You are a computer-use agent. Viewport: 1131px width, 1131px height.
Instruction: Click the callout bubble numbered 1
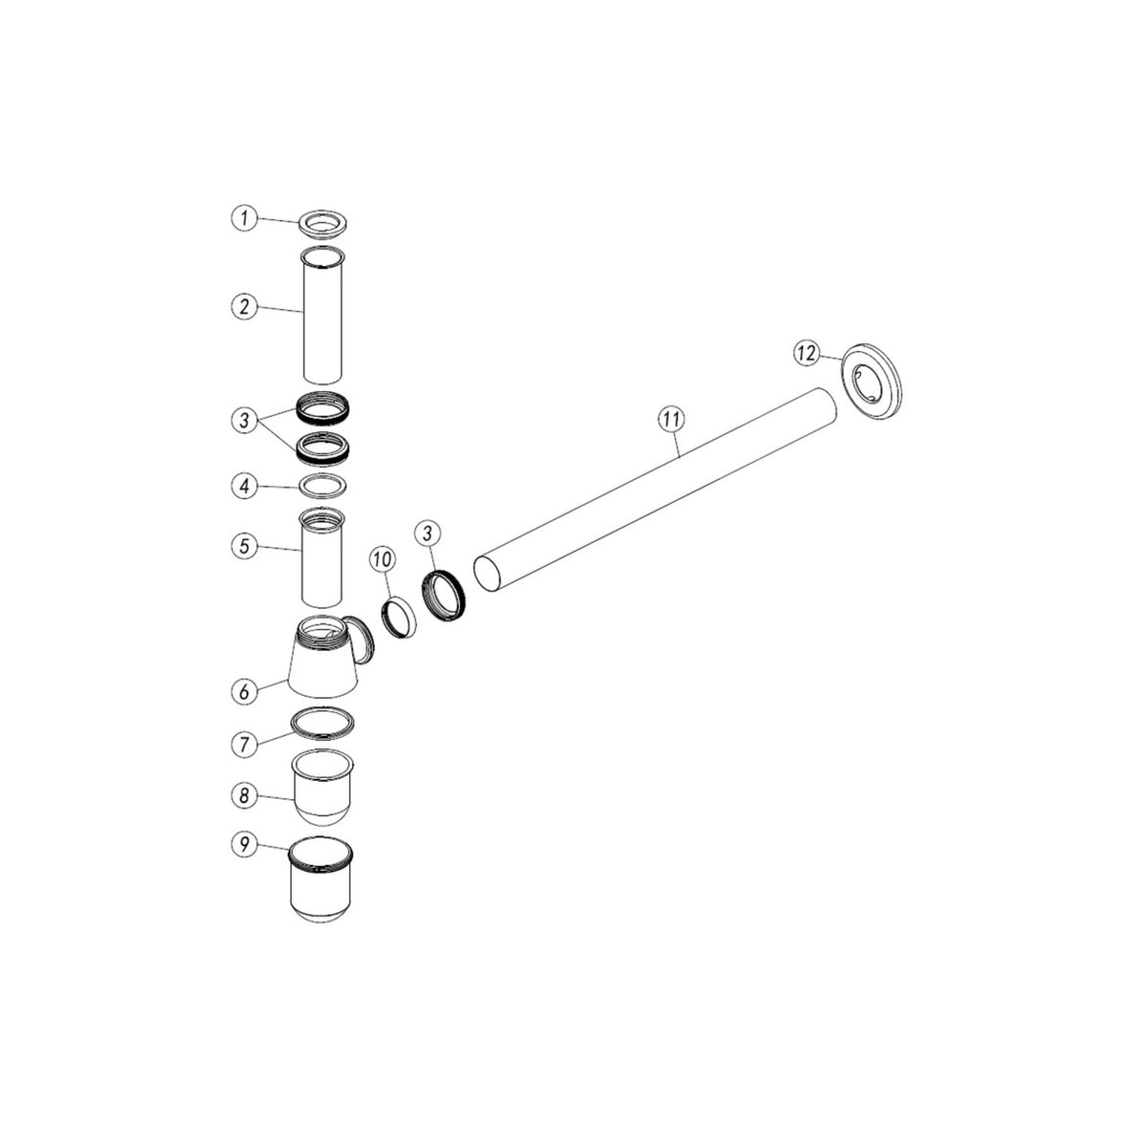243,218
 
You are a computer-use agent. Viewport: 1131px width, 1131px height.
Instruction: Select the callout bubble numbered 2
243,306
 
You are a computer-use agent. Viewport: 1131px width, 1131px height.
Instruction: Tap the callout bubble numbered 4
243,486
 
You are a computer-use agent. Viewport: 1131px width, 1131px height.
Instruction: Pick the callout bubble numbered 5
243,546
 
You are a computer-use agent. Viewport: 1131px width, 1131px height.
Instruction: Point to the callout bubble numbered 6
243,691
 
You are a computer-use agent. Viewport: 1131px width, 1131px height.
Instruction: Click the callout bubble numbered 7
243,744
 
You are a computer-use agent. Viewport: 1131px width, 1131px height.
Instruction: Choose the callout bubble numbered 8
243,796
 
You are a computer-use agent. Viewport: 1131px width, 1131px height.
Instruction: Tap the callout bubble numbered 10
382,560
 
